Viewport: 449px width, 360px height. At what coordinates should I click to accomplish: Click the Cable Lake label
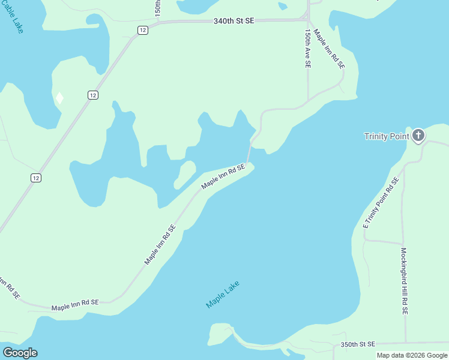(13, 16)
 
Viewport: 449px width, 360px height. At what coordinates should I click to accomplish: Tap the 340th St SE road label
(234, 21)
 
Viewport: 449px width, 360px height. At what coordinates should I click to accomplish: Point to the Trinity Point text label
(387, 136)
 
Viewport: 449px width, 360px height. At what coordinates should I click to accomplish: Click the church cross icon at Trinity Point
(418, 136)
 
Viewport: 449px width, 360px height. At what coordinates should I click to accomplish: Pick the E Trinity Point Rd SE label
(381, 202)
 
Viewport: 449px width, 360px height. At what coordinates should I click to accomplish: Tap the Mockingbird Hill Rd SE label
(405, 281)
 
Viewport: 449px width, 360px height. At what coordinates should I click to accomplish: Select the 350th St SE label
(358, 344)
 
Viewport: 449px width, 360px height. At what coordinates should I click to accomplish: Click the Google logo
(20, 353)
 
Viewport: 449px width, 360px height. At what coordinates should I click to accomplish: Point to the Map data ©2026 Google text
(412, 355)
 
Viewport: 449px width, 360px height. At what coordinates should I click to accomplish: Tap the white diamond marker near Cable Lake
(59, 97)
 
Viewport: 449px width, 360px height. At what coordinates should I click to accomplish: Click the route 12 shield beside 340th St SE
(142, 30)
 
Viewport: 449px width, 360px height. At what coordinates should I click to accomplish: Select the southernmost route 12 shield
(37, 178)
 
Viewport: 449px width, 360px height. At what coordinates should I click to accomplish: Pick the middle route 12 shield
(92, 95)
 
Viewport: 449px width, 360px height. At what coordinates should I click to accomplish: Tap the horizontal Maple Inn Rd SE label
(74, 307)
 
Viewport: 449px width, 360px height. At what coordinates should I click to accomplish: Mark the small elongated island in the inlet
(185, 174)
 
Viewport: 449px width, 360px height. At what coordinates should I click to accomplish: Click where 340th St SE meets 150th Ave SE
(308, 20)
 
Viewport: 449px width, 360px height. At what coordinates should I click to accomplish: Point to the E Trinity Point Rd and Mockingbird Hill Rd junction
(402, 242)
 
